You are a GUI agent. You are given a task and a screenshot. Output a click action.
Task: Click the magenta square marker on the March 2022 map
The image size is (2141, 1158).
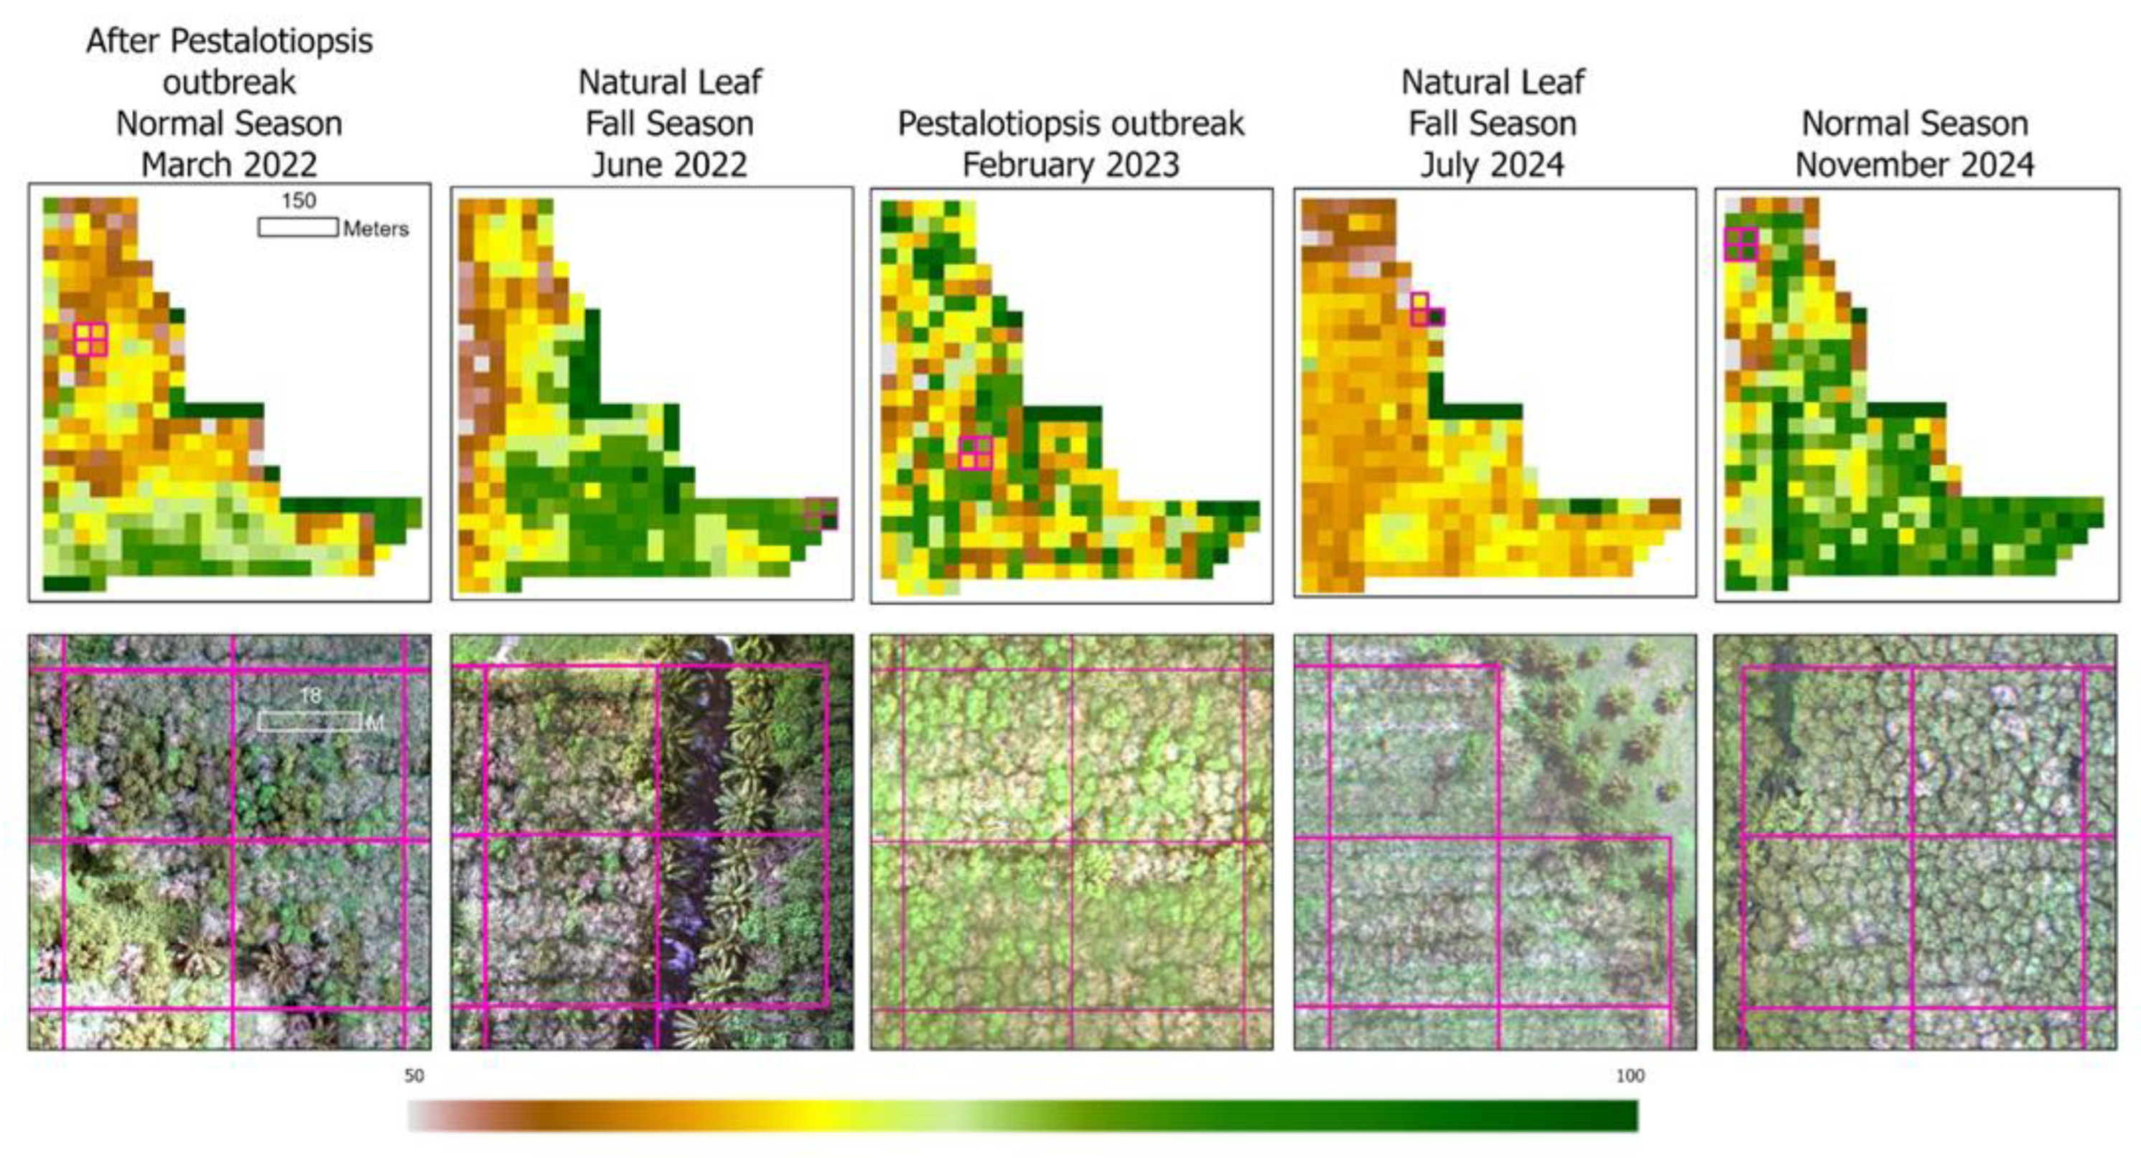90,339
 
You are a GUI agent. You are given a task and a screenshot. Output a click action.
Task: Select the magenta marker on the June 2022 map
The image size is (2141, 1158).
821,513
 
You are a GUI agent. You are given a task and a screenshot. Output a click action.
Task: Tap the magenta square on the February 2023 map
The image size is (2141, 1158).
976,453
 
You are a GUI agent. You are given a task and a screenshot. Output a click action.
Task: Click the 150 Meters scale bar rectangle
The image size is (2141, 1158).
297,227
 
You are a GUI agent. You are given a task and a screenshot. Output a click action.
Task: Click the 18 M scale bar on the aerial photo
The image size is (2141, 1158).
309,722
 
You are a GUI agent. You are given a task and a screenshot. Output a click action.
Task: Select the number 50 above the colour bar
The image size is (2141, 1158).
414,1075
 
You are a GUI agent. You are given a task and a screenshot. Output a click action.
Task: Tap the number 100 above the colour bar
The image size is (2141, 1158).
1630,1075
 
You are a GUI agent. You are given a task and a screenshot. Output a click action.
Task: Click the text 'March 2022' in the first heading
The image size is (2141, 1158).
230,164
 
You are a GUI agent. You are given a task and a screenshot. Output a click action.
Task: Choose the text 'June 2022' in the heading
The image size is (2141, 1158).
669,164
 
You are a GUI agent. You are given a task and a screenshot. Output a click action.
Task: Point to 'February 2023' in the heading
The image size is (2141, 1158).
1070,164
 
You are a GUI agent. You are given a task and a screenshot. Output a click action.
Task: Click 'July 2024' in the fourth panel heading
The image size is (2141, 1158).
1493,164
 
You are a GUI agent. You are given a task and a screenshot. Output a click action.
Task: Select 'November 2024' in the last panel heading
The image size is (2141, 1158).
1915,164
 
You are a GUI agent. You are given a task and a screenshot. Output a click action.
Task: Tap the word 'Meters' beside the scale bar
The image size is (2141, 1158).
376,228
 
